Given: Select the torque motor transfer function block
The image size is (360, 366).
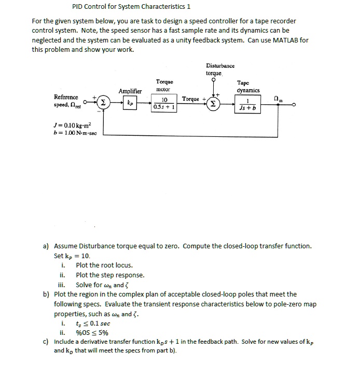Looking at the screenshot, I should click(x=164, y=104).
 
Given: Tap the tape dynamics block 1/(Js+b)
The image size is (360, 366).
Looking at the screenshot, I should click(x=248, y=104).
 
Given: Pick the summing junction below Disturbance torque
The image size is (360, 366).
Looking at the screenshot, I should click(x=213, y=104).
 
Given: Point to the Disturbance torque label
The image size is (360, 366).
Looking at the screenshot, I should click(x=220, y=69).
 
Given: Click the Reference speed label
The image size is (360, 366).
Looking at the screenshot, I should click(x=66, y=101).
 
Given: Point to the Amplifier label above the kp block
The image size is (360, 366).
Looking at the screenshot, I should click(x=130, y=91).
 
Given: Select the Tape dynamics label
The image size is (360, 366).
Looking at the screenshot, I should click(x=247, y=86).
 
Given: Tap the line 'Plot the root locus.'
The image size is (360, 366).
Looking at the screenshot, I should click(x=104, y=265).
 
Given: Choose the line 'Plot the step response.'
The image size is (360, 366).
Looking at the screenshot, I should click(x=110, y=275).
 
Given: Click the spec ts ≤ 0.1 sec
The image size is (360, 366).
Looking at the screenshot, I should click(x=93, y=323).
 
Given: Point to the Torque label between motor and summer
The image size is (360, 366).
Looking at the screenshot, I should click(x=190, y=98).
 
